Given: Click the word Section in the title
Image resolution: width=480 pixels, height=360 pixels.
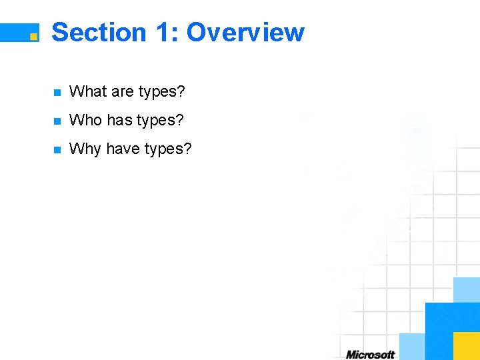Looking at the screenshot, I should pyautogui.click(x=99, y=32).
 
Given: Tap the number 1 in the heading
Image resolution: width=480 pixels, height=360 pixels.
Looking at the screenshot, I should pyautogui.click(x=163, y=32).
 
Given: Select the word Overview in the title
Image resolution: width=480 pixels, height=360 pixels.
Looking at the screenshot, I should pyautogui.click(x=245, y=32).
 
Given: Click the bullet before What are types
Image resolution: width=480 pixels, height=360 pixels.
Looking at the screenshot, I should pyautogui.click(x=57, y=93).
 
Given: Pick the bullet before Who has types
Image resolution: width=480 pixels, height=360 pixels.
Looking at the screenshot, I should pyautogui.click(x=57, y=121).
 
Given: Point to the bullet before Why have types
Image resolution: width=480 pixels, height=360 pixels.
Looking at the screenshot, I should pyautogui.click(x=57, y=150).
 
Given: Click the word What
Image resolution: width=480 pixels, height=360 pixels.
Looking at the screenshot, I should pyautogui.click(x=85, y=91).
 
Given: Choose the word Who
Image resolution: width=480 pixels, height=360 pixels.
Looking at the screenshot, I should pyautogui.click(x=85, y=120).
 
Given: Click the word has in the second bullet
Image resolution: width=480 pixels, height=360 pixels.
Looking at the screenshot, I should pyautogui.click(x=120, y=120).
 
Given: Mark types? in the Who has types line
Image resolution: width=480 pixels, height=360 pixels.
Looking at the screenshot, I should pyautogui.click(x=160, y=121).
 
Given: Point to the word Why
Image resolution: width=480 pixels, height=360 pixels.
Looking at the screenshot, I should pyautogui.click(x=85, y=149).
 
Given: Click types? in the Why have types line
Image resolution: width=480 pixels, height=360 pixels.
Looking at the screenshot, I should pyautogui.click(x=167, y=150).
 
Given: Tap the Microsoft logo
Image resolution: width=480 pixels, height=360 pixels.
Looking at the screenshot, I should pyautogui.click(x=370, y=355).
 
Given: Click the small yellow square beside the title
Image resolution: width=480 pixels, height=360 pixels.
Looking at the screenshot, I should pyautogui.click(x=33, y=37).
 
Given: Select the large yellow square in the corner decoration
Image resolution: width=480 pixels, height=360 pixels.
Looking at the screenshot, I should pyautogui.click(x=466, y=346).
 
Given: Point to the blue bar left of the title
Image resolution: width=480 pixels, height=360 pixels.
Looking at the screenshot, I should pyautogui.click(x=15, y=32).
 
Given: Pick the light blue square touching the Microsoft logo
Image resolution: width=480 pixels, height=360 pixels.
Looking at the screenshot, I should pyautogui.click(x=411, y=347).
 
